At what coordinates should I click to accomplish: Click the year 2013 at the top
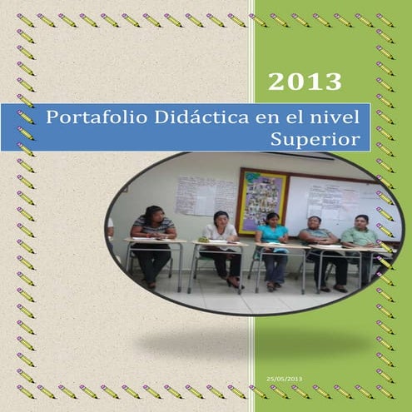pos(305,82)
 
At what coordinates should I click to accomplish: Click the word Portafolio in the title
pos(82,117)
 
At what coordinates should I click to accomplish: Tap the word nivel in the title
pos(341,117)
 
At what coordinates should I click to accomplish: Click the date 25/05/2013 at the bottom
pos(285,379)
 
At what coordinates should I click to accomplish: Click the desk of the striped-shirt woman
pos(155,242)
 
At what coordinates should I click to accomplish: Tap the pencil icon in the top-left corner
pos(25,18)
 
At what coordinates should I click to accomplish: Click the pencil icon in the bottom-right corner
pos(385,391)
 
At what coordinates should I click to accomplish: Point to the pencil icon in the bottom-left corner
pos(25,391)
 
